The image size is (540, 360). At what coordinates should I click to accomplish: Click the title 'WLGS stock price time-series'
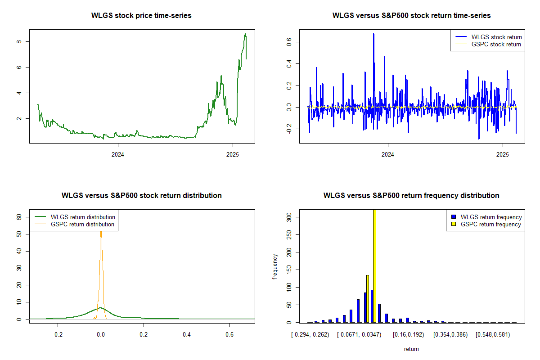pos(141,16)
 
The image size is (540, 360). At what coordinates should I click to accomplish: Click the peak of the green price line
pos(245,34)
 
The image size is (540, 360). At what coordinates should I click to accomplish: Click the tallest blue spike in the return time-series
pos(373,34)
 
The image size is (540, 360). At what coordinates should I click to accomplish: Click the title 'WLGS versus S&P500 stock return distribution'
pos(141,196)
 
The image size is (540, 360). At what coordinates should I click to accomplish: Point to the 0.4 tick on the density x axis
pos(187,334)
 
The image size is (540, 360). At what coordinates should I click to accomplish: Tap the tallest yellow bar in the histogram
pos(374,265)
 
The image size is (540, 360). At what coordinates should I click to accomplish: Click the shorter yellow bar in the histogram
pos(368,299)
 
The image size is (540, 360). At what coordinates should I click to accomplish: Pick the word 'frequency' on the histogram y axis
pos(275,267)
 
